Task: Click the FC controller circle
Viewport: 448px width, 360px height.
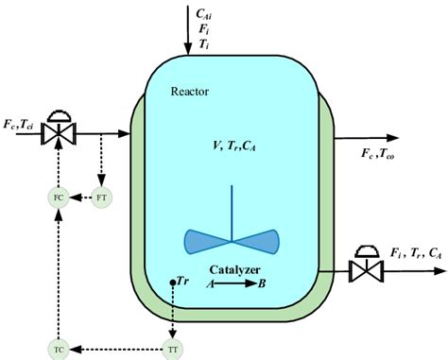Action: pos(59,197)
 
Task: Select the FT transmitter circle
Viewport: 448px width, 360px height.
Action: pos(101,197)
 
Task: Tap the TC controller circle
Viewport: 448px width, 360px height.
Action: pos(59,351)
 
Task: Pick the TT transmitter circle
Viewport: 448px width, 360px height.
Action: pos(172,351)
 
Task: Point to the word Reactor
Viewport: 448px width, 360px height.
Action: pos(191,91)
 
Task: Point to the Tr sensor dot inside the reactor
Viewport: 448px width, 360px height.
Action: pos(173,283)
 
